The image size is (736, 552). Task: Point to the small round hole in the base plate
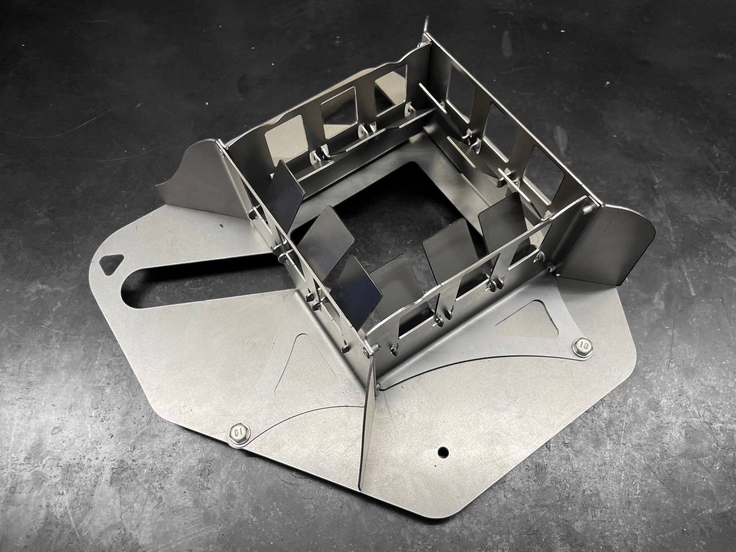(x=443, y=453)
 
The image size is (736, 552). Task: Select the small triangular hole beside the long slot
(x=112, y=263)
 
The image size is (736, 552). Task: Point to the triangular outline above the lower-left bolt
(x=302, y=365)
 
